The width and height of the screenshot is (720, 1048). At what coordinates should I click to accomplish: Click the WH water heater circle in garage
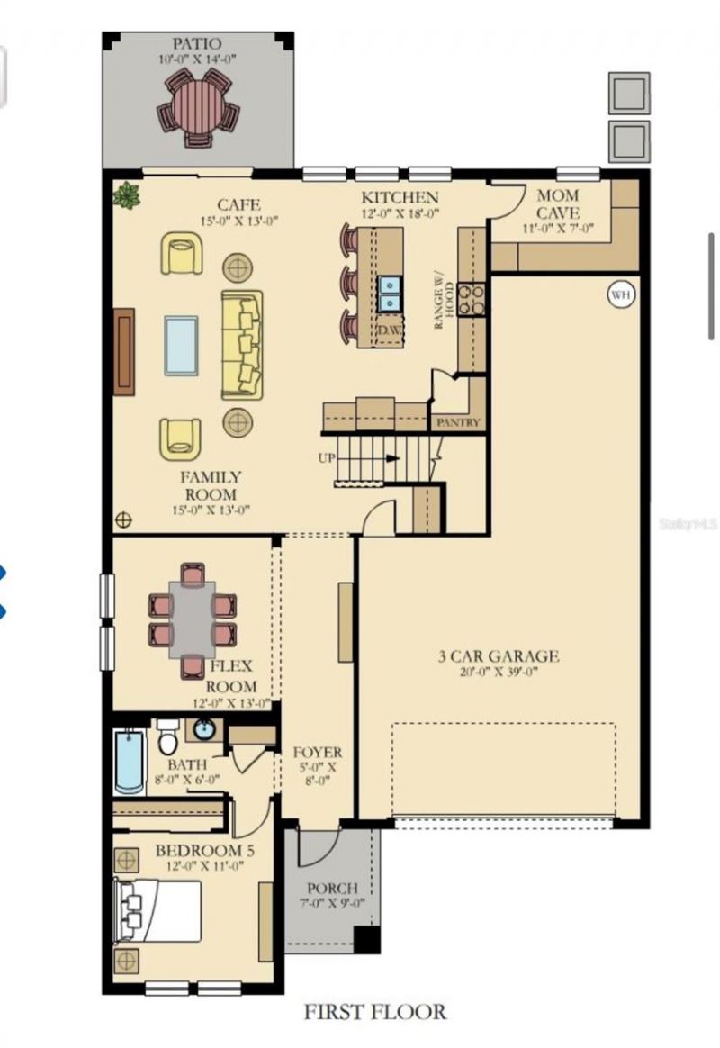(x=620, y=294)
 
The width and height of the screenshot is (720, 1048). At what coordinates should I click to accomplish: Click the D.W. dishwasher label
(x=389, y=330)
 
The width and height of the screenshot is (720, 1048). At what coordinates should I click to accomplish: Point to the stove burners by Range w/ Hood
(x=471, y=299)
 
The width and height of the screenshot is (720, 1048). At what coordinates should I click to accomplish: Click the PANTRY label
(x=458, y=422)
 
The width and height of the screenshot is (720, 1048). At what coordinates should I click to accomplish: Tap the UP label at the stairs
(x=327, y=458)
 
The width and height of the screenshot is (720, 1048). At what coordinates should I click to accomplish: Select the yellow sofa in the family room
(x=242, y=345)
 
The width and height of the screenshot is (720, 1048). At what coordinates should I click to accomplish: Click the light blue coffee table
(x=181, y=345)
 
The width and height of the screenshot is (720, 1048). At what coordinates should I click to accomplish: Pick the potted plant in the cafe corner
(x=127, y=194)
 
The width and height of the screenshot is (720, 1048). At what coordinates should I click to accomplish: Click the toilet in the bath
(x=167, y=739)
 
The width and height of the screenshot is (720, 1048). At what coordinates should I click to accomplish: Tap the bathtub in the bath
(x=129, y=762)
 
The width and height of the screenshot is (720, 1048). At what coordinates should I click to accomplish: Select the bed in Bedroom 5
(x=158, y=910)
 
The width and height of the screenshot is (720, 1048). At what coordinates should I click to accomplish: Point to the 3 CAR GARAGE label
(x=499, y=656)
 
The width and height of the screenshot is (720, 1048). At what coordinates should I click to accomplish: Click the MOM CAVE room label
(x=558, y=204)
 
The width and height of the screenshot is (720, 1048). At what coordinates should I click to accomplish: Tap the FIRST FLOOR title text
(x=374, y=1012)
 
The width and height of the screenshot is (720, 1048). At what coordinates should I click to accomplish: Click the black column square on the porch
(x=365, y=939)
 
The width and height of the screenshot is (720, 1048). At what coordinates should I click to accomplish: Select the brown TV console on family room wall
(x=124, y=351)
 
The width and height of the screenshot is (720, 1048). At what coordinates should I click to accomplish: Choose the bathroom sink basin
(x=204, y=729)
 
